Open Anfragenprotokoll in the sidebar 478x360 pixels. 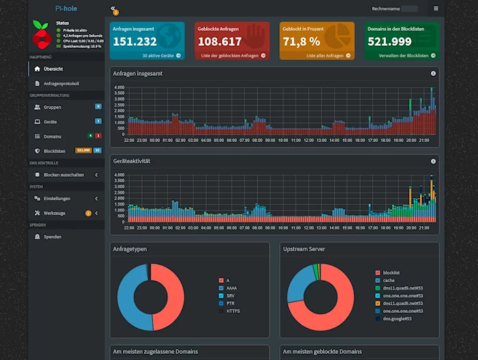click(x=61, y=83)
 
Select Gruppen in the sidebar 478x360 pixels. click(x=53, y=107)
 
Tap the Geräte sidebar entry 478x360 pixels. click(x=51, y=122)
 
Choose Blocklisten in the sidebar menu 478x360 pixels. click(x=54, y=150)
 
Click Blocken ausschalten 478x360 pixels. click(x=64, y=174)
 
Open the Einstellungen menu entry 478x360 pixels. click(x=57, y=198)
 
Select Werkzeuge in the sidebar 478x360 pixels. click(x=55, y=213)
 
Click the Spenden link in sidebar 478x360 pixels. click(x=53, y=236)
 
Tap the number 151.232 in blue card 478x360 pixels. click(x=135, y=41)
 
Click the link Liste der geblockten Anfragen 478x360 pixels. click(x=228, y=55)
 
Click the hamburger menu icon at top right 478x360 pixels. click(x=436, y=8)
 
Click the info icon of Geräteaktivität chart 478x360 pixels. click(x=433, y=161)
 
